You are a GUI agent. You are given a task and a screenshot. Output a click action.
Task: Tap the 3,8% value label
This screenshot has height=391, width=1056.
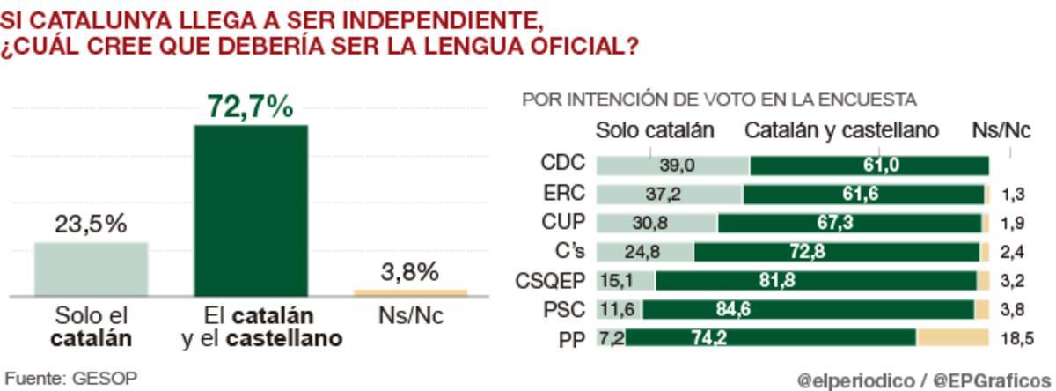tap(411, 272)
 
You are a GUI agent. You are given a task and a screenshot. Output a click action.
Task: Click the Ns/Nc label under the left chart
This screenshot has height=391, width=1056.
tap(410, 316)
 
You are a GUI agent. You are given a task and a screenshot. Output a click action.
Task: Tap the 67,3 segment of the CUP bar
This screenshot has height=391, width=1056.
tap(834, 223)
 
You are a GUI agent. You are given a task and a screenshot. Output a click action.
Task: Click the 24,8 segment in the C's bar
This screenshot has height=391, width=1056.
tap(642, 252)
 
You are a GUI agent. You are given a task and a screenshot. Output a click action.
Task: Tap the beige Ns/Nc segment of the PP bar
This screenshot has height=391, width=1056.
tap(953, 338)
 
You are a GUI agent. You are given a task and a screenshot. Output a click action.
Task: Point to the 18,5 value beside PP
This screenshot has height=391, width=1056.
tap(1016, 338)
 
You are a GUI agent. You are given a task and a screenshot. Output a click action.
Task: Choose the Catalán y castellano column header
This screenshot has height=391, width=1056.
tap(841, 130)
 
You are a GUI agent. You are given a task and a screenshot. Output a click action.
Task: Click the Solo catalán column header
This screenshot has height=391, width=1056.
tap(655, 130)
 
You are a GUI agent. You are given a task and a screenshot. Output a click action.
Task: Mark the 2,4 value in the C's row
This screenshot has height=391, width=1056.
tap(1012, 252)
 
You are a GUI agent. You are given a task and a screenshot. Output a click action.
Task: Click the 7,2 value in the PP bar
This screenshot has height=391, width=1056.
tap(610, 338)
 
